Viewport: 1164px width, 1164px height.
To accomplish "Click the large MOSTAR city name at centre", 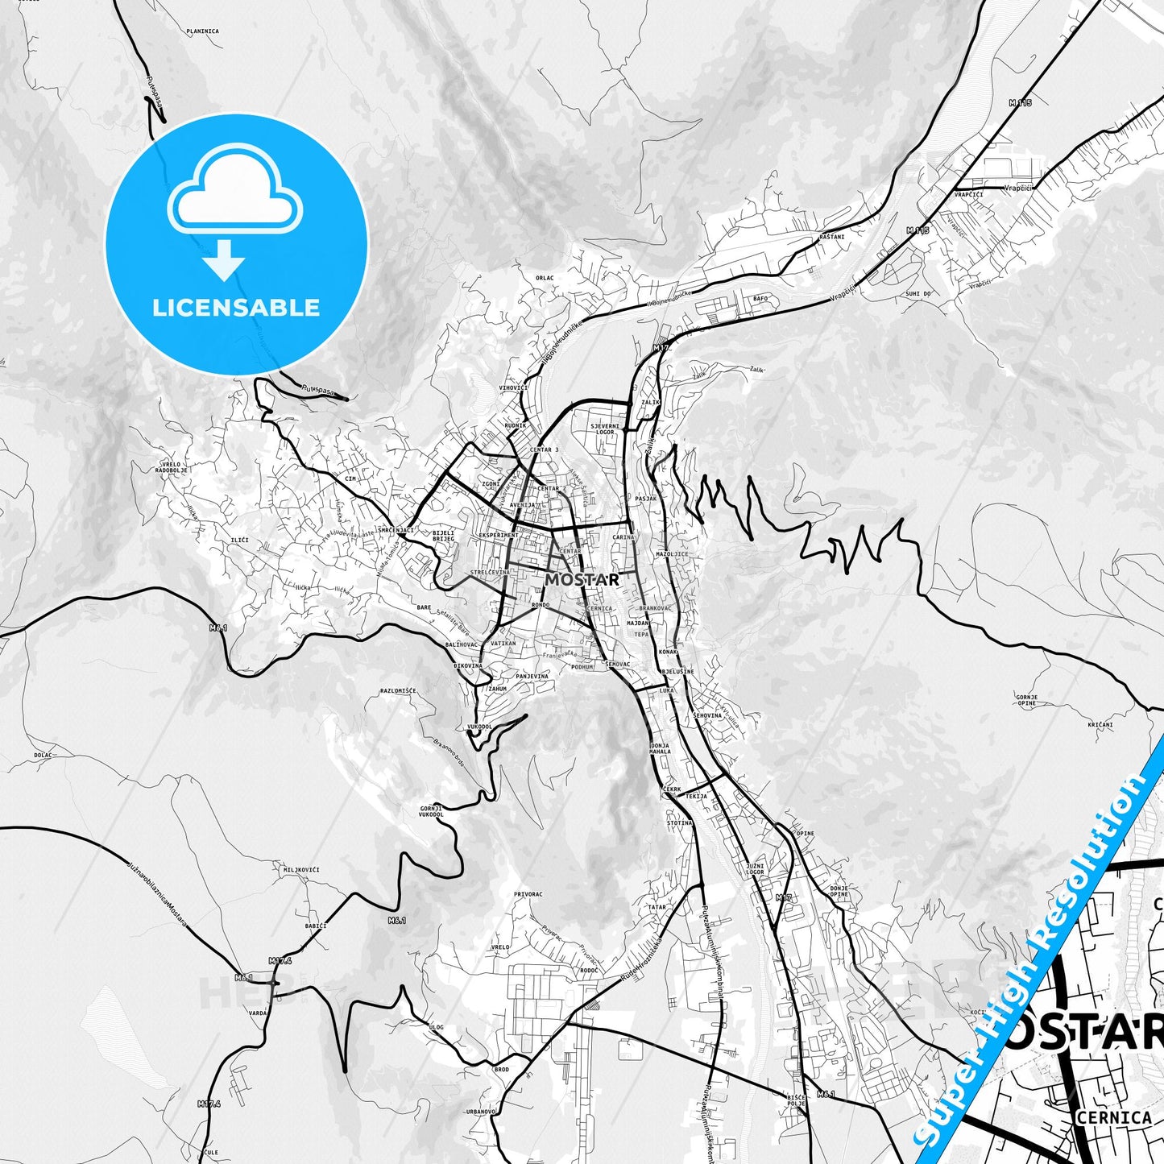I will pyautogui.click(x=582, y=579).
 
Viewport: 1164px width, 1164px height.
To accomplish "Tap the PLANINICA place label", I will pyautogui.click(x=202, y=31).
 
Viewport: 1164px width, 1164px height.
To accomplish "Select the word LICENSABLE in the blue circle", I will pyautogui.click(x=236, y=308).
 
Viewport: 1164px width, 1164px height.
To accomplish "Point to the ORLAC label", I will pyautogui.click(x=545, y=278).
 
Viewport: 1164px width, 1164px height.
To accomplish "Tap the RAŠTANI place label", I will pyautogui.click(x=832, y=237).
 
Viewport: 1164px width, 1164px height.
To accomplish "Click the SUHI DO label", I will pyautogui.click(x=918, y=294).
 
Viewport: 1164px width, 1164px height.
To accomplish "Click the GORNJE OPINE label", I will pyautogui.click(x=1026, y=700).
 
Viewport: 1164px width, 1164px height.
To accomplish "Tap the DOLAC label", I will pyautogui.click(x=43, y=755).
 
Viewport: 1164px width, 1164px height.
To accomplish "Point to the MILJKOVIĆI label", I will pyautogui.click(x=301, y=870).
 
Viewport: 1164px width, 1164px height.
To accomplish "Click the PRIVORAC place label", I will pyautogui.click(x=528, y=894).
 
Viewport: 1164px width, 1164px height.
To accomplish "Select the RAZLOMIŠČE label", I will pyautogui.click(x=398, y=690).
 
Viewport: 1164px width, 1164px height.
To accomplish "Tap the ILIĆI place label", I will pyautogui.click(x=239, y=540).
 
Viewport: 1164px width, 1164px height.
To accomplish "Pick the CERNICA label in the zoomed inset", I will pyautogui.click(x=1112, y=1117).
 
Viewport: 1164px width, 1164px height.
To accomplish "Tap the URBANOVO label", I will pyautogui.click(x=480, y=1112).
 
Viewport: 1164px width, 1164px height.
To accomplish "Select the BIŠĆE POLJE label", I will pyautogui.click(x=795, y=1100).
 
